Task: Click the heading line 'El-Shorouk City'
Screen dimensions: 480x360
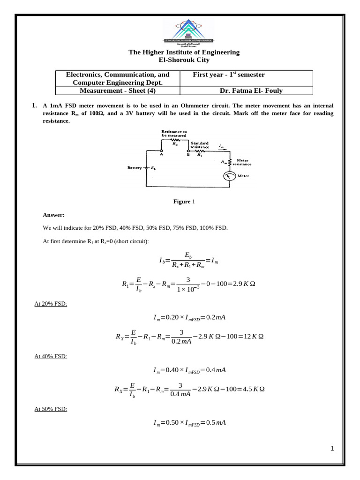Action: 184,60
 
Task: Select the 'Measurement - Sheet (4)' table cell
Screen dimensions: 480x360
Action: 117,91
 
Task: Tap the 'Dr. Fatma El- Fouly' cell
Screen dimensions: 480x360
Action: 251,91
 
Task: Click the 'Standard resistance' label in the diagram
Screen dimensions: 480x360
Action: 200,145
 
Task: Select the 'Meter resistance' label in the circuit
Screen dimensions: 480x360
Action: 244,162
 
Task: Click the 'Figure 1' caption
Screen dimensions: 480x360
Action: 183,202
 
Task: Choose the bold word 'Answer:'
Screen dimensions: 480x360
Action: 53,215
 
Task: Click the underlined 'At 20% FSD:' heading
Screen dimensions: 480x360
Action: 51,304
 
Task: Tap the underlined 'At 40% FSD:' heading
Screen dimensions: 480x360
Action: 51,356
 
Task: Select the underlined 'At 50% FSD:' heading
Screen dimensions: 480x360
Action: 51,409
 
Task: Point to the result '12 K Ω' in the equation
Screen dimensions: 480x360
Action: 252,337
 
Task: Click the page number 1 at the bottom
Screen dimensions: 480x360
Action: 332,449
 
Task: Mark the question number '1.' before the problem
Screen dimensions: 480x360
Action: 35,106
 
